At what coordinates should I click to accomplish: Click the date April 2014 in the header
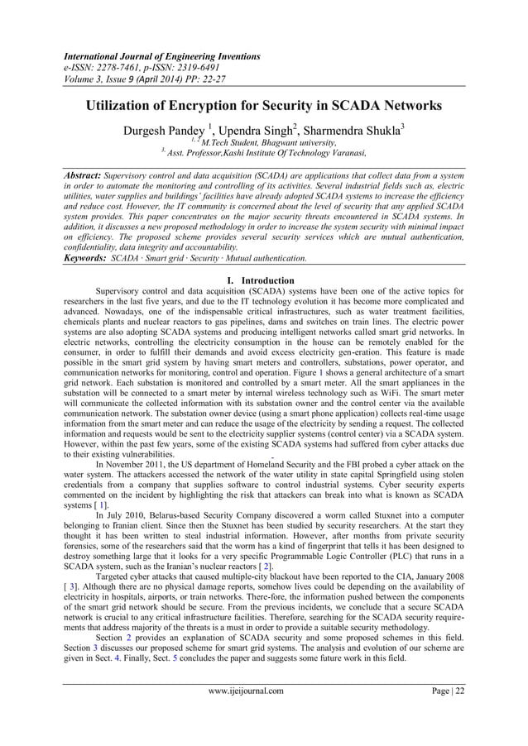point(152,79)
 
